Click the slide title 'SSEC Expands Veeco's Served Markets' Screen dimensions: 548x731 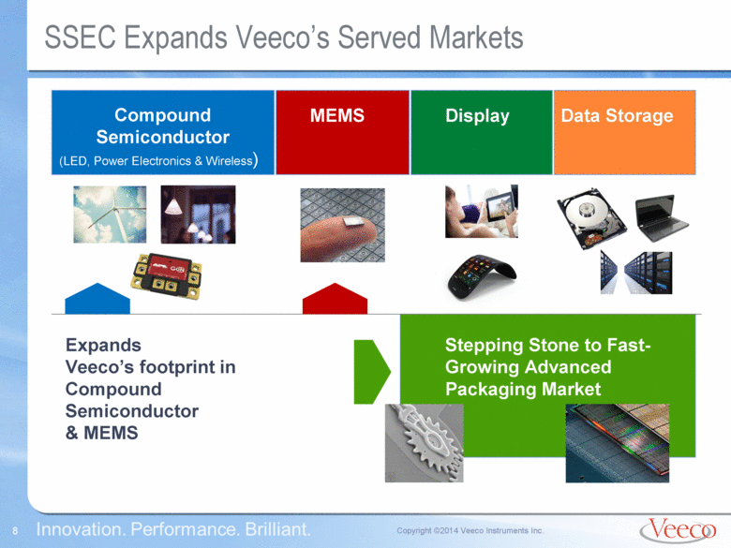tap(284, 37)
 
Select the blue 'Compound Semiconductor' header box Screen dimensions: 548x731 tap(162, 132)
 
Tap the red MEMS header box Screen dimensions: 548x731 tap(342, 132)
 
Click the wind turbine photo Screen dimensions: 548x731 tap(110, 215)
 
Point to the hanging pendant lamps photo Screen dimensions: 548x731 tap(198, 215)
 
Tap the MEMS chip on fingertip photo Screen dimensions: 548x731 tap(342, 225)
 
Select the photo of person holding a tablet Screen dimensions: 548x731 tap(481, 211)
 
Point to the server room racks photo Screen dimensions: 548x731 tap(636, 273)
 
